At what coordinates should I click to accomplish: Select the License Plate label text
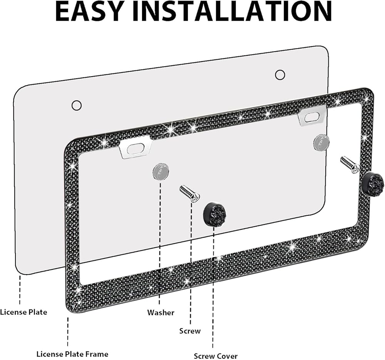[x=24, y=312]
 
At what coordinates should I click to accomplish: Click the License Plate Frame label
[x=72, y=354]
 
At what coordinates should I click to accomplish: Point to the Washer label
[x=161, y=312]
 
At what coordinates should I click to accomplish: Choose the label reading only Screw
[x=190, y=331]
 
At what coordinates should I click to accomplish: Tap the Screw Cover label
[x=216, y=356]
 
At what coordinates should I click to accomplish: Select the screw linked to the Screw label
[x=189, y=193]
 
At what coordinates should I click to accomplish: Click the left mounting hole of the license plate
[x=77, y=105]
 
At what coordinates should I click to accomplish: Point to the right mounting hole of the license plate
[x=280, y=75]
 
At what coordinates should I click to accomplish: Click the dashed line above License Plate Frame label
[x=69, y=331]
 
